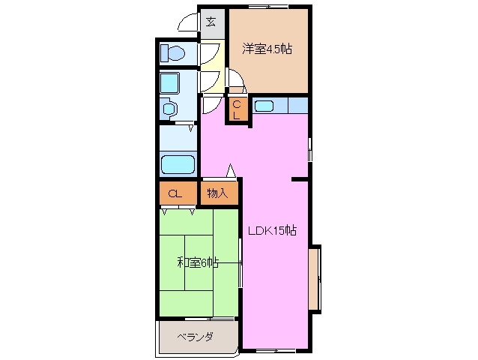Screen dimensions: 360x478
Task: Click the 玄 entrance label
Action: (x=211, y=21)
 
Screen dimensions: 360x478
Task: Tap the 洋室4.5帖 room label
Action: (x=267, y=49)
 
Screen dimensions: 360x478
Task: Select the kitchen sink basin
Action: (x=264, y=106)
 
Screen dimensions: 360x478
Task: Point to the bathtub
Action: (x=178, y=163)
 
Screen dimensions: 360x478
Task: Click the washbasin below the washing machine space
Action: (x=170, y=109)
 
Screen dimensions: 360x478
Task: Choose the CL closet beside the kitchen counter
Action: (x=237, y=110)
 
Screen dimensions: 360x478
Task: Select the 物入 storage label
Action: (x=218, y=193)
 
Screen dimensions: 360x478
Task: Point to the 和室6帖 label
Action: (x=198, y=262)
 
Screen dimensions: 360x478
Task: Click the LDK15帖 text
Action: (x=273, y=231)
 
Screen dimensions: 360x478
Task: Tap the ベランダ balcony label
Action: (x=195, y=337)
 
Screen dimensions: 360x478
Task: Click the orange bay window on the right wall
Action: (x=315, y=277)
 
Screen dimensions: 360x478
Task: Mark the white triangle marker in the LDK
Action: (x=231, y=170)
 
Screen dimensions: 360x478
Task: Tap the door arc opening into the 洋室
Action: (x=235, y=79)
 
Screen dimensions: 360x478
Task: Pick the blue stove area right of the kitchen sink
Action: (x=297, y=106)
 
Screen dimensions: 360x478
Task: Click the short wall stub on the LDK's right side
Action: (x=300, y=179)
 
